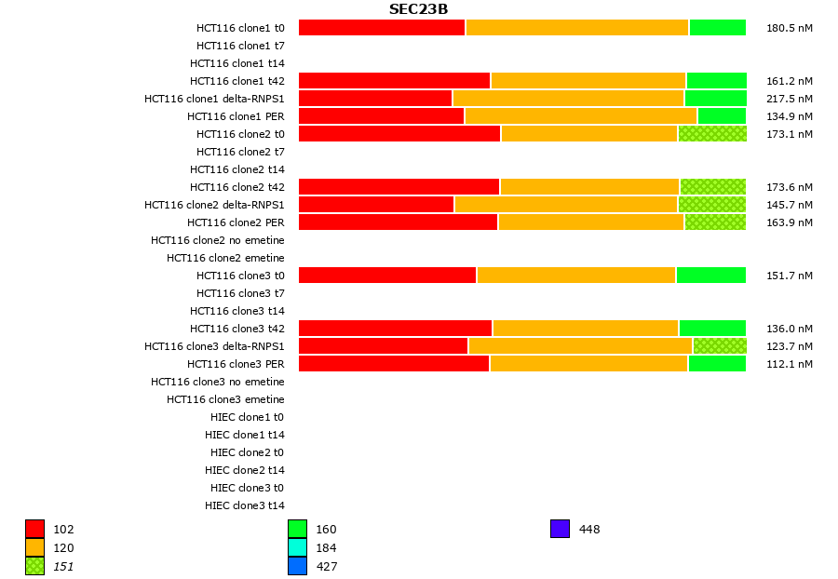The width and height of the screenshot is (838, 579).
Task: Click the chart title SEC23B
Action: point(418,9)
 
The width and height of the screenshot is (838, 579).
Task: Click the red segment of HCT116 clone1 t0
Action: point(382,28)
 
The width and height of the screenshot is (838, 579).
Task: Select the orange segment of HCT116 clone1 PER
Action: point(581,116)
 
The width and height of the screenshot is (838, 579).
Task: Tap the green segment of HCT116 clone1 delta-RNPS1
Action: point(715,99)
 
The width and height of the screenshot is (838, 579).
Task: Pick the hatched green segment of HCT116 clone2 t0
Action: point(712,134)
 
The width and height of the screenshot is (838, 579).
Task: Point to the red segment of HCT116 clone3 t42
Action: point(395,329)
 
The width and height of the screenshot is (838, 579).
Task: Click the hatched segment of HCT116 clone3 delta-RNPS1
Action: point(720,346)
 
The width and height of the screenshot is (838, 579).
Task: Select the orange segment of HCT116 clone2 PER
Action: point(591,222)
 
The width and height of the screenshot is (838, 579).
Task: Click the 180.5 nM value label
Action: point(789,28)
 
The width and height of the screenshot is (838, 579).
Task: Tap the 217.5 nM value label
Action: point(789,99)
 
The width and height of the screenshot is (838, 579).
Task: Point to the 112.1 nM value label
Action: point(789,364)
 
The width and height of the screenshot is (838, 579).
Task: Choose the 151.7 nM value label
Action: point(789,276)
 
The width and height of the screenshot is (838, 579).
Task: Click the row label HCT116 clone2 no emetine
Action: point(218,240)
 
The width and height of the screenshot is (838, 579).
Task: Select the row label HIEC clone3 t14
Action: point(245,505)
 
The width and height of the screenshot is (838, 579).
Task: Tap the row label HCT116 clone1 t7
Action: point(240,46)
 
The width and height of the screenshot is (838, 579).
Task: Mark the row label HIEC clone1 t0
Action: point(247,417)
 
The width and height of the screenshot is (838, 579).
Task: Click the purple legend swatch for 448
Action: point(560,529)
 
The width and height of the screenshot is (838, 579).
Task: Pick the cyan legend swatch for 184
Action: point(297,547)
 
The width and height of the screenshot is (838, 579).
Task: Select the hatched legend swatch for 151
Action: point(34,566)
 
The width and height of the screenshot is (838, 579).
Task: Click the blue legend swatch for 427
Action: point(297,566)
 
